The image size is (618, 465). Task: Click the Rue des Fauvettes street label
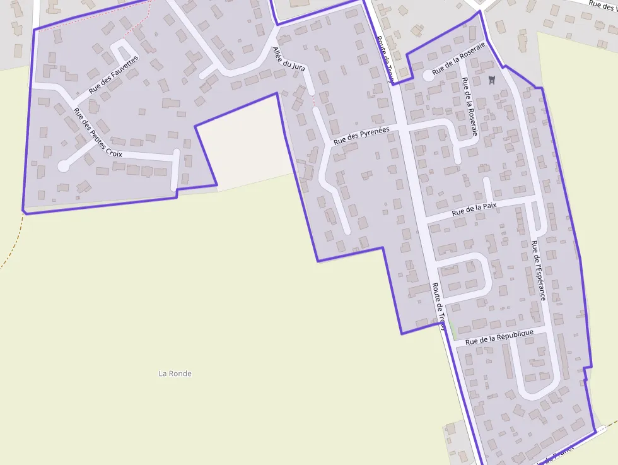114,75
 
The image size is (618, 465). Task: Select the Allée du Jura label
289,66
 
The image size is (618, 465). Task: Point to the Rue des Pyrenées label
361,136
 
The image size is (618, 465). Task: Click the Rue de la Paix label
474,209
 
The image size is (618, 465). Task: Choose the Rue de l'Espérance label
538,270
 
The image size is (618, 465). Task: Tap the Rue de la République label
499,337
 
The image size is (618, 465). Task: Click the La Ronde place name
175,374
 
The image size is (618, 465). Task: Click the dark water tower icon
493,79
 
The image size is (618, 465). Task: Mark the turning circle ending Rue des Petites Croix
63,166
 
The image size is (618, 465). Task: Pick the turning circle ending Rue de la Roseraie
428,75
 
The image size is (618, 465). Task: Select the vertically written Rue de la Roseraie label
470,107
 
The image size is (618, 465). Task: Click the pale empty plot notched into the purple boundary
243,142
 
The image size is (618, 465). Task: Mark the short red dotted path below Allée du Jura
313,100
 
